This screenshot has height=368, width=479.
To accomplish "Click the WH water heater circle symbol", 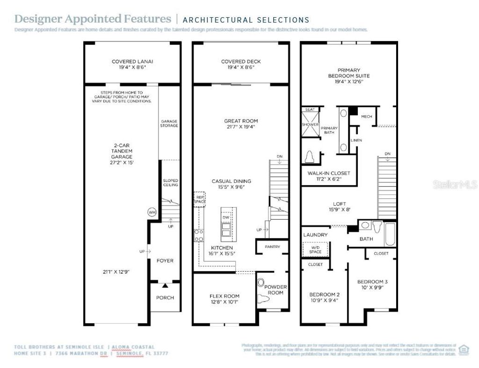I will click(152, 212).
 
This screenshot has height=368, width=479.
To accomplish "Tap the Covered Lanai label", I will click(132, 61).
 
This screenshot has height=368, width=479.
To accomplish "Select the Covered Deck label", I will click(241, 61).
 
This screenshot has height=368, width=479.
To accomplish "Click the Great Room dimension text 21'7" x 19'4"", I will click(241, 127).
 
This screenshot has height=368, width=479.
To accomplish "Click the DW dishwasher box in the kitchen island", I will click(226, 217).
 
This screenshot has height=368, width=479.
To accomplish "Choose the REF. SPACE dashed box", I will click(200, 198).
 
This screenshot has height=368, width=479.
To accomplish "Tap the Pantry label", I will click(272, 246).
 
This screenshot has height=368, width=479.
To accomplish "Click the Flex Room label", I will click(224, 296).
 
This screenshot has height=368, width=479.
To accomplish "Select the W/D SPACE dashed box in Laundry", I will click(315, 249).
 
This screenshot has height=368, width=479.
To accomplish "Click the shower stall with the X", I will click(310, 125).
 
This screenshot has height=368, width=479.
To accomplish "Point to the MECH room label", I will click(367, 116).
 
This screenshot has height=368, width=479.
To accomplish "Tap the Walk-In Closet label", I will click(329, 173).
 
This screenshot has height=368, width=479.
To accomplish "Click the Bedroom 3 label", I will click(372, 281).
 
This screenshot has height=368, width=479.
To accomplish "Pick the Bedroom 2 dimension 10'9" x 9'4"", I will click(325, 301).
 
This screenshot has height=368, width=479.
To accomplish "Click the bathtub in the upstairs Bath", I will click(389, 234).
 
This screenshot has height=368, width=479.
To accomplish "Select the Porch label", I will click(165, 297).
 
